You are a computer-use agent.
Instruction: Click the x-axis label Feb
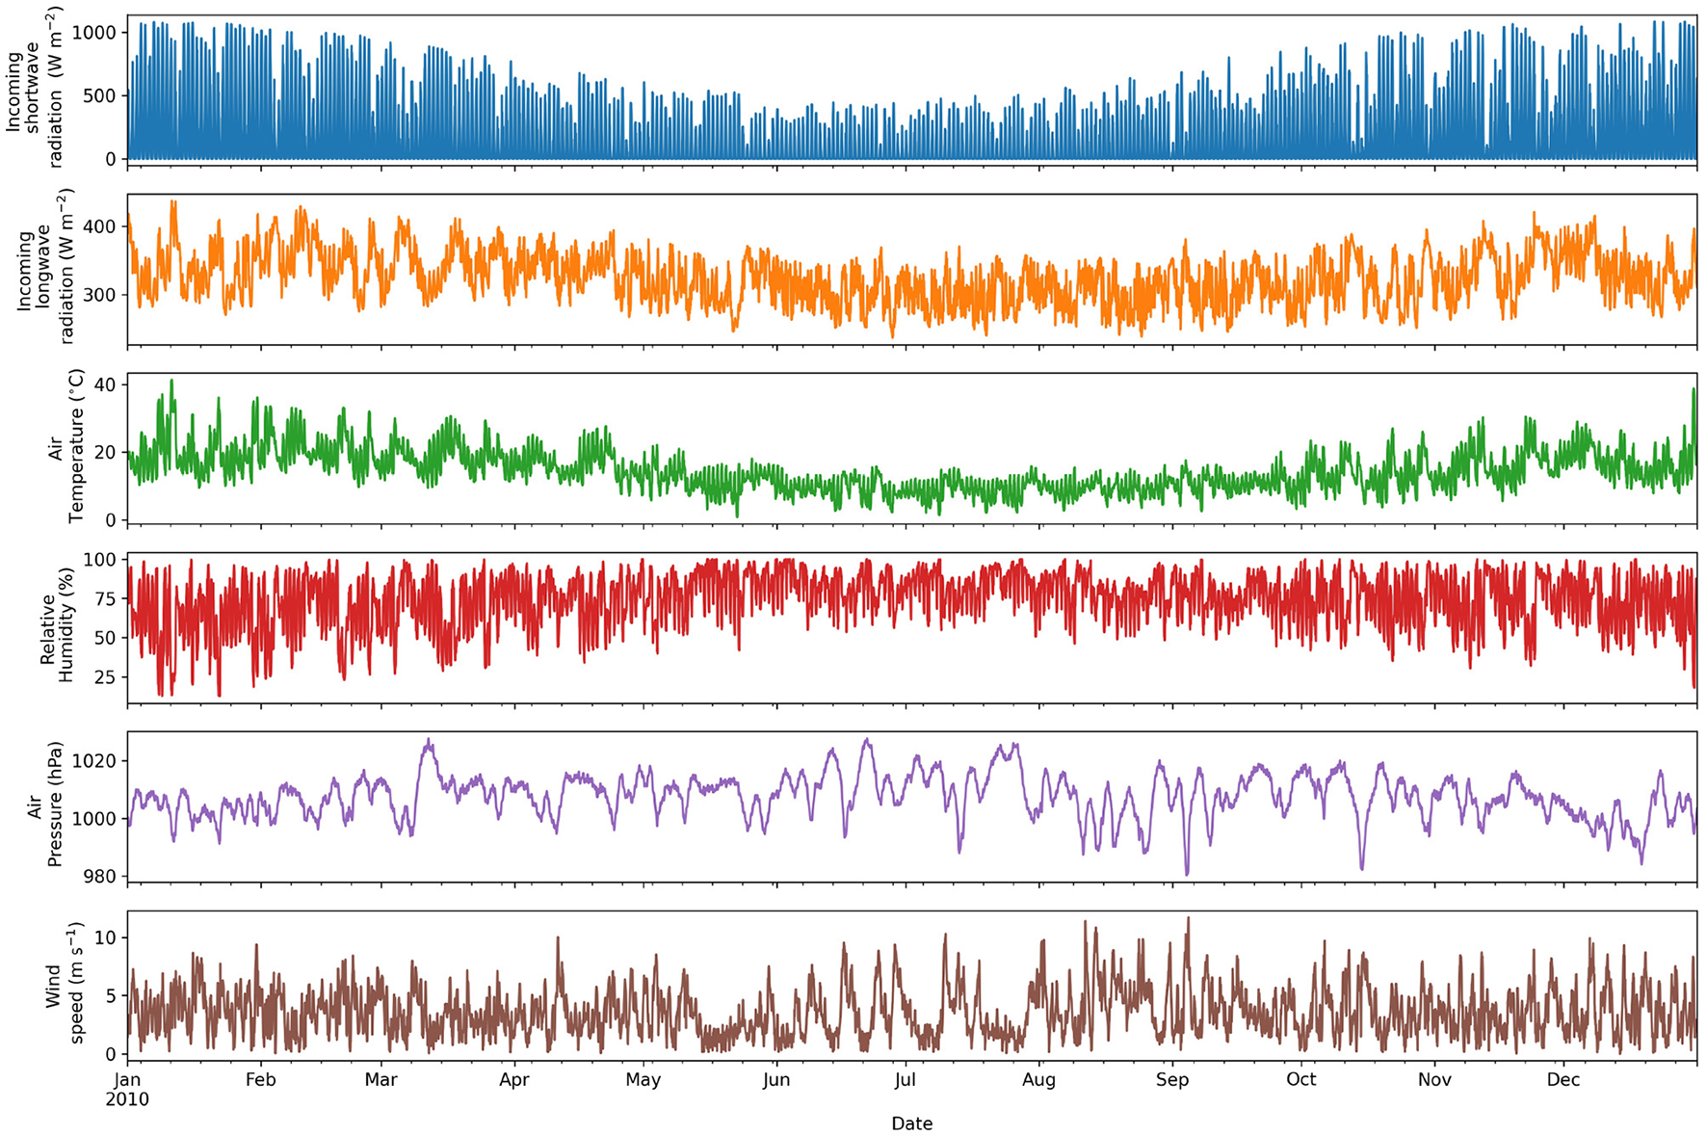click(260, 1079)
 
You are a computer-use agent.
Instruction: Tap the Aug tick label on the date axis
click(1038, 1079)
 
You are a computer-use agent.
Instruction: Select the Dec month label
click(1563, 1079)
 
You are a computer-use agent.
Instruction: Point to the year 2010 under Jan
click(127, 1099)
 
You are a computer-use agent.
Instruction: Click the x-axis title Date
click(911, 1123)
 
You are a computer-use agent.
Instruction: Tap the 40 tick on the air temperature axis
click(105, 385)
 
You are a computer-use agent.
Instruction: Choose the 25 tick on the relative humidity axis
click(105, 677)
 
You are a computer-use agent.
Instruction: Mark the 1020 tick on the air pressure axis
click(94, 761)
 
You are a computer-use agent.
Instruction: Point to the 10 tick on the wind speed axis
click(105, 938)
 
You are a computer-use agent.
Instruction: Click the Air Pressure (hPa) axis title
click(44, 805)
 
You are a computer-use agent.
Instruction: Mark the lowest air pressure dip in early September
click(1187, 874)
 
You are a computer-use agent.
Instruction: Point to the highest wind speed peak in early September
click(1188, 918)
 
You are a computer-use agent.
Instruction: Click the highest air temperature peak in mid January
click(171, 381)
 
